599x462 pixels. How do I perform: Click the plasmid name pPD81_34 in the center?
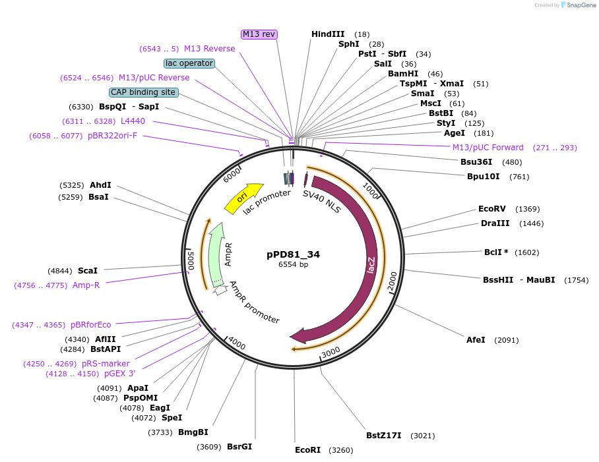coord(294,254)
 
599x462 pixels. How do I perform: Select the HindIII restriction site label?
coord(328,34)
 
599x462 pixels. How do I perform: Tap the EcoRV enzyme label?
coord(491,209)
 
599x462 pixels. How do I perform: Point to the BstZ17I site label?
coord(384,436)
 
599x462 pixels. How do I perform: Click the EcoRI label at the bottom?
coord(307,450)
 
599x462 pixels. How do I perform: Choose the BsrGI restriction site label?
coord(239,447)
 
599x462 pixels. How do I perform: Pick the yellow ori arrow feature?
coord(242,197)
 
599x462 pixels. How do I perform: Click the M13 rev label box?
coord(259,34)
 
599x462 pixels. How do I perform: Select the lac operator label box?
coord(189,63)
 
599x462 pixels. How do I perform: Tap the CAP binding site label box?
coord(143,92)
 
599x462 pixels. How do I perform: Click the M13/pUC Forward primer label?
coord(488,148)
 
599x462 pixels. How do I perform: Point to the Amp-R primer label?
coord(86,285)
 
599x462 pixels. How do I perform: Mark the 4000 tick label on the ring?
coord(236,343)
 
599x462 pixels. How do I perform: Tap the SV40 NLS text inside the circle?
coord(322,202)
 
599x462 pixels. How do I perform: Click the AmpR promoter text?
coord(254,303)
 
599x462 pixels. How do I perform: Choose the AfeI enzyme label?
coord(476,340)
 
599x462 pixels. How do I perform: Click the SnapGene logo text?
coord(582,5)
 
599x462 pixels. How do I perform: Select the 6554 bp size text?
coord(294,265)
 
